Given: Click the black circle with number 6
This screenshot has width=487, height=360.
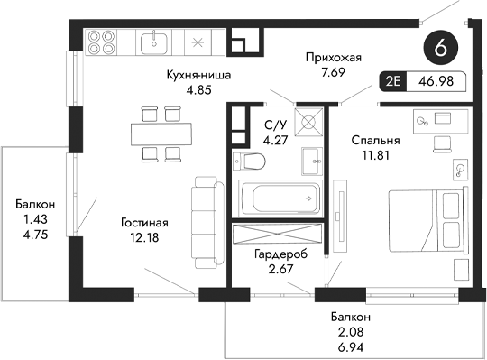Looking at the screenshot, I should click(441, 48).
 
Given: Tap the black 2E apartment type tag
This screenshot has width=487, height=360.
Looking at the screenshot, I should click(393, 81).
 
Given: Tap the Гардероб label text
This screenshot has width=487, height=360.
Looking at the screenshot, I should click(280, 255).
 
